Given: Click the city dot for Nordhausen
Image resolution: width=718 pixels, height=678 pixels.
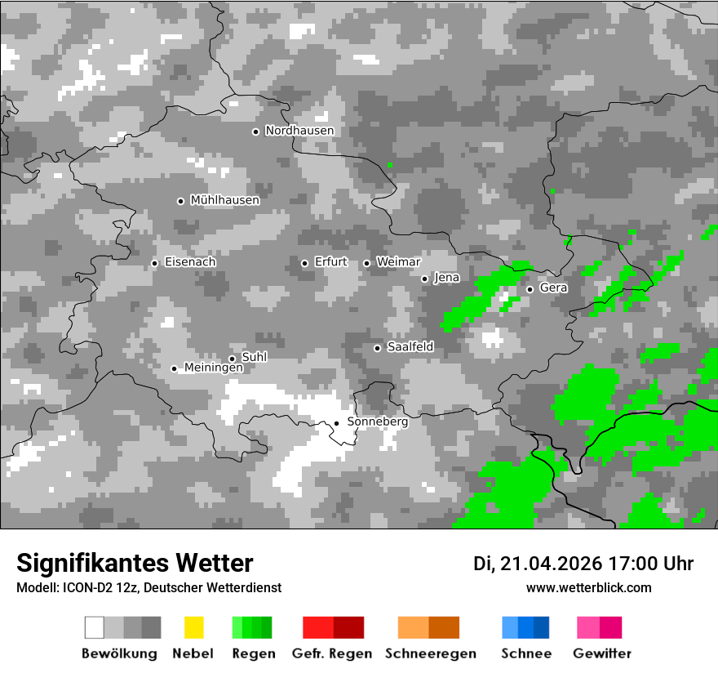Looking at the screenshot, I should click(x=255, y=132).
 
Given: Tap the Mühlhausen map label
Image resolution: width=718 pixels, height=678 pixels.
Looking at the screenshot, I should click(x=224, y=200).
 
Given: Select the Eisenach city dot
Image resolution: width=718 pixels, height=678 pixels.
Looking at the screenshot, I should click(x=154, y=263).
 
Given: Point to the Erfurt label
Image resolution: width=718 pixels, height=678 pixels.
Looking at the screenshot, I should click(x=330, y=262).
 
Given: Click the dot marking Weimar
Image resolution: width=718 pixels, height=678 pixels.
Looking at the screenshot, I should click(x=366, y=263).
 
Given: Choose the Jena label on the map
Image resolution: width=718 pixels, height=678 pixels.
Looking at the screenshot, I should click(x=446, y=278).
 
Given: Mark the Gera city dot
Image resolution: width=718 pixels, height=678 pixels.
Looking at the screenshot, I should click(x=530, y=289).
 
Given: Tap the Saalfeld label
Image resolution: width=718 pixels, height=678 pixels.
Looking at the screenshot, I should click(x=410, y=347).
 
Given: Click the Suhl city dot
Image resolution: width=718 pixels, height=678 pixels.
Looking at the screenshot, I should click(x=232, y=359).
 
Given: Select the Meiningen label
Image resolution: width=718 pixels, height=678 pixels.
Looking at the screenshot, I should click(x=213, y=368).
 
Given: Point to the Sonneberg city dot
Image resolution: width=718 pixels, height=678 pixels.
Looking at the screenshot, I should click(x=336, y=423).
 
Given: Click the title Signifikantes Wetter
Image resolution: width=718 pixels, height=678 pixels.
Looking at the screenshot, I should click(x=135, y=563).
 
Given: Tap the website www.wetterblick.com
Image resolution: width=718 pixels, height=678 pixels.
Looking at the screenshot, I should click(x=588, y=587).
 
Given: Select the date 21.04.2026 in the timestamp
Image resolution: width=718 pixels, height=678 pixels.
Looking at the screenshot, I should click(x=551, y=564).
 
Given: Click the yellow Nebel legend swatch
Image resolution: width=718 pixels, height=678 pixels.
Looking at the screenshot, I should click(x=193, y=627).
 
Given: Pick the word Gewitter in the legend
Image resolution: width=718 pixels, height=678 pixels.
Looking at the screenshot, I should click(x=601, y=653).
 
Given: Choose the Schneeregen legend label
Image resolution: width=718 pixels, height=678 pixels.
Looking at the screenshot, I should click(x=430, y=653).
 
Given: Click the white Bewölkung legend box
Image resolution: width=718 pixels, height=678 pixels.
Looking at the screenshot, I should click(x=95, y=627).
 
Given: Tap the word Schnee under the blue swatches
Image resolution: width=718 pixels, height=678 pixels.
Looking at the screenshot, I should click(x=525, y=653).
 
